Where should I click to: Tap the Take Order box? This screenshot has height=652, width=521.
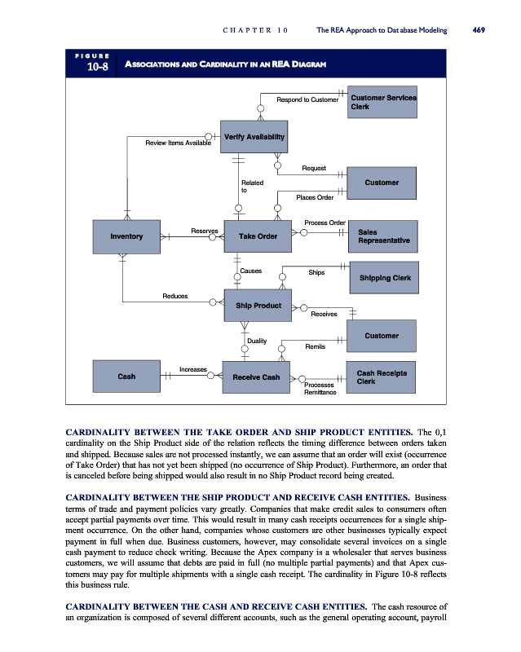click(x=258, y=236)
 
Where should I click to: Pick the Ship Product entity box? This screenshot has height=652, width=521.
click(x=258, y=306)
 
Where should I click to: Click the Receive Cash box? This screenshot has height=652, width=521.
click(x=256, y=377)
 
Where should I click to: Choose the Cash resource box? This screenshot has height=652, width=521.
click(x=126, y=376)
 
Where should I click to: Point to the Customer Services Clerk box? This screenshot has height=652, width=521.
click(x=383, y=102)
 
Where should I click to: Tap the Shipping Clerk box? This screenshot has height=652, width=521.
click(x=383, y=278)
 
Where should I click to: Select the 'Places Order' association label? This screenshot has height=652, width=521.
click(x=315, y=196)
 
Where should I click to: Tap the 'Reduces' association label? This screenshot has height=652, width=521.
click(x=175, y=296)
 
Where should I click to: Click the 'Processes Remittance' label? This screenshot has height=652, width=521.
click(x=320, y=388)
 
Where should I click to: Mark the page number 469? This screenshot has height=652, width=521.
click(x=479, y=30)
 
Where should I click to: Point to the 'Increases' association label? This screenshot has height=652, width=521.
click(x=193, y=369)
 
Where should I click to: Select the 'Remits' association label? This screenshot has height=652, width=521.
click(x=316, y=346)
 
